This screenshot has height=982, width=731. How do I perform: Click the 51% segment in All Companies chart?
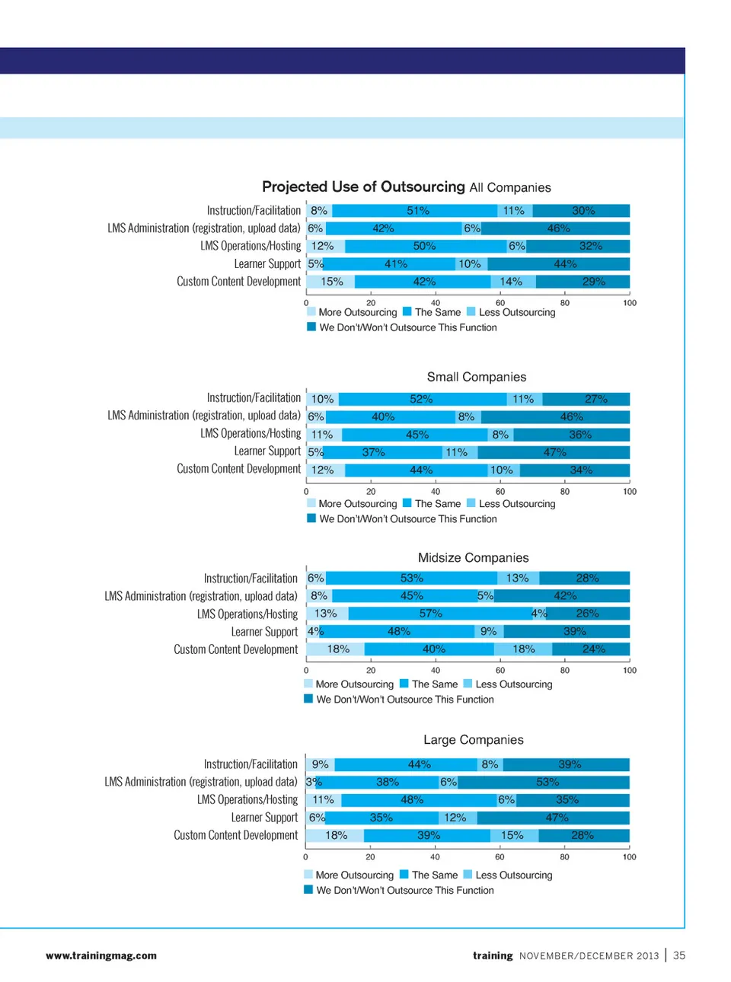click(x=417, y=211)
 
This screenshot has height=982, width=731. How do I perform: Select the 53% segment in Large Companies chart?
click(x=547, y=782)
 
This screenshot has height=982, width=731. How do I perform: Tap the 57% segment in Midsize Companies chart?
click(x=430, y=614)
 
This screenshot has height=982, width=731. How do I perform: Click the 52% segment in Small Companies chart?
click(x=421, y=399)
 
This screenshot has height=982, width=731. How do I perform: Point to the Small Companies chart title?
click(x=476, y=377)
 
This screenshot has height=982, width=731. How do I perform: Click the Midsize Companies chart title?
click(x=473, y=558)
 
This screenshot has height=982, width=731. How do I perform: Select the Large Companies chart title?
click(x=473, y=740)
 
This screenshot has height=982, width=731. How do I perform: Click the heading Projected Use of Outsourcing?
click(x=363, y=187)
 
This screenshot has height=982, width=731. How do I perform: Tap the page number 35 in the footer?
click(x=679, y=955)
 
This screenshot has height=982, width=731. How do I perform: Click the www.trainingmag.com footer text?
click(x=101, y=955)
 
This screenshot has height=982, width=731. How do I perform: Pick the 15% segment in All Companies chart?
click(x=331, y=282)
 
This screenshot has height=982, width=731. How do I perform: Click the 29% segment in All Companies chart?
click(x=593, y=282)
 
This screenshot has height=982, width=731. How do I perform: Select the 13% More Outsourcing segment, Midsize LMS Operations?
click(x=325, y=614)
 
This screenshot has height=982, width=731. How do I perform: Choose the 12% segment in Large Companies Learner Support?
click(x=455, y=818)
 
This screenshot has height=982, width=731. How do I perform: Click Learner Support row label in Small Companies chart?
click(x=267, y=451)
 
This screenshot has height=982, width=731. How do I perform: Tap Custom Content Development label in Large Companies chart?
click(x=235, y=835)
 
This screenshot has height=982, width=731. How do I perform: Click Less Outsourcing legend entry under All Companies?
click(x=516, y=312)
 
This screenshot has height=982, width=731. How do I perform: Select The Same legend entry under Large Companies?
click(x=434, y=875)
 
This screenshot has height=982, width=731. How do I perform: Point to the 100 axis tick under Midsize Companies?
click(x=630, y=671)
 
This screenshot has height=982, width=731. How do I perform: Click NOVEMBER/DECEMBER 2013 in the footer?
click(x=589, y=956)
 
